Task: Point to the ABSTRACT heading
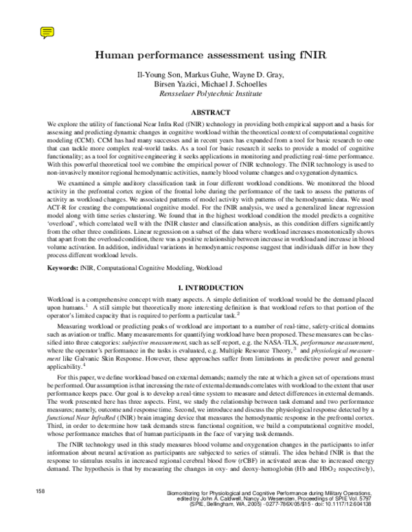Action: [206, 111]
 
